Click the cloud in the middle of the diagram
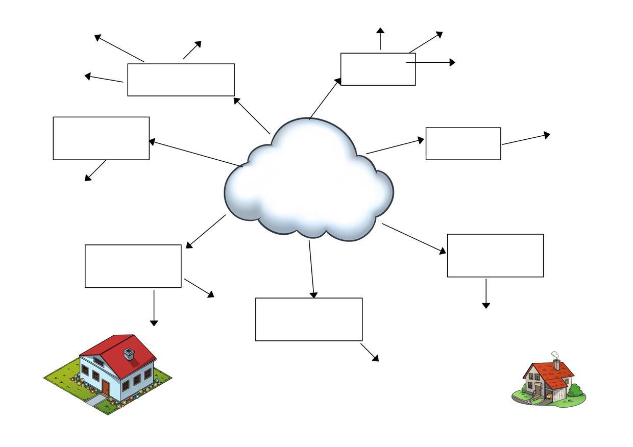pyautogui.click(x=308, y=181)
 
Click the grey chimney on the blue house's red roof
pyautogui.click(x=129, y=354)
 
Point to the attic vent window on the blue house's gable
pyautogui.click(x=99, y=362)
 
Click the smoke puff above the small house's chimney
pyautogui.click(x=555, y=355)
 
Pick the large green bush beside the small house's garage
pyautogui.click(x=575, y=390)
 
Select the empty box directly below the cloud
pyautogui.click(x=309, y=319)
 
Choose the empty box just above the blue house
pyautogui.click(x=133, y=266)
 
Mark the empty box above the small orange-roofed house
pyautogui.click(x=495, y=256)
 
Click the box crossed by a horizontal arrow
pyautogui.click(x=378, y=69)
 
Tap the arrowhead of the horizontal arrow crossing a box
pyautogui.click(x=452, y=62)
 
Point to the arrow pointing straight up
pyautogui.click(x=380, y=39)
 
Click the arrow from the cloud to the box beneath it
pyautogui.click(x=311, y=269)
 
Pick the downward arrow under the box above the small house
pyautogui.click(x=486, y=293)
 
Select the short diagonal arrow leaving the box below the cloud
pyautogui.click(x=370, y=352)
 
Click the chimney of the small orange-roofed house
pyautogui.click(x=556, y=364)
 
